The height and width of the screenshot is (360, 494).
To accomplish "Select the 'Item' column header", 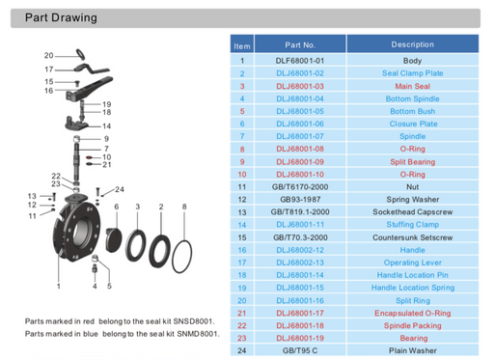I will [242, 45].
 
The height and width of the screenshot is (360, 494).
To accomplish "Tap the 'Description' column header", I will [412, 44].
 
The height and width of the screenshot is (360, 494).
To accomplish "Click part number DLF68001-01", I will [300, 60].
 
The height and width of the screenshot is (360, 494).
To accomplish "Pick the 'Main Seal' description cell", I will [412, 85].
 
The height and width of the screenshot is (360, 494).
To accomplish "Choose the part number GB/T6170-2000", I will [300, 185].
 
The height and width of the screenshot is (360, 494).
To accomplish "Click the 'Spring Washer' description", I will [412, 198].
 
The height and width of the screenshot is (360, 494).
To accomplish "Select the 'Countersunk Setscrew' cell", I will [412, 235].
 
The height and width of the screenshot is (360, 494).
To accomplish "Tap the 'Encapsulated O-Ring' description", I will [412, 312].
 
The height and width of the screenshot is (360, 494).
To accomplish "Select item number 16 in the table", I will [242, 249].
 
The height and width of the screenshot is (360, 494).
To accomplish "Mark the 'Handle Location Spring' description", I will [412, 287].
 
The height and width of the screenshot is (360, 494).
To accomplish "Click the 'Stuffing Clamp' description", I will [412, 223].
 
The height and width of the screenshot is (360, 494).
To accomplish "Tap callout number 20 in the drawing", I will [48, 55].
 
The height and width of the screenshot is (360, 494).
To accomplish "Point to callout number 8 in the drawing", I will [184, 207].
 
